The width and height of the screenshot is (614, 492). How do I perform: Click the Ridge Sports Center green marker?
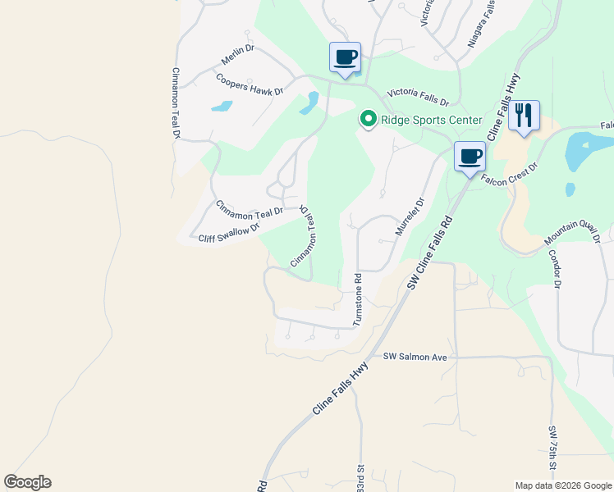coord(369,120)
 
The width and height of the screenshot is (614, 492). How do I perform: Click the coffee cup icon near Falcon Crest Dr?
coord(470,156)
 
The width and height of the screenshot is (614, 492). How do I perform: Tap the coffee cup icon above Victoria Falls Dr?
coord(346,57)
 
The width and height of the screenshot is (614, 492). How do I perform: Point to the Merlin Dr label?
coord(238,56)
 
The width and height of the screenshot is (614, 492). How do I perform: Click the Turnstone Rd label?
coord(358,300)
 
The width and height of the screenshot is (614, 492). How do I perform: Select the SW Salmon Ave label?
coord(415,357)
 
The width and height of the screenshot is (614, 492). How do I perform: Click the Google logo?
coord(27,482)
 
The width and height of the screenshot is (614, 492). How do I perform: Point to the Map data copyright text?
coord(562,485)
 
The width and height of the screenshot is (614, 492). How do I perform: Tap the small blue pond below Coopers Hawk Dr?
coord(222,106)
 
